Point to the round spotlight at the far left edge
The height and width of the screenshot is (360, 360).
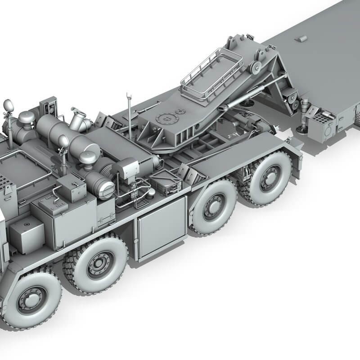pos(8,106)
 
